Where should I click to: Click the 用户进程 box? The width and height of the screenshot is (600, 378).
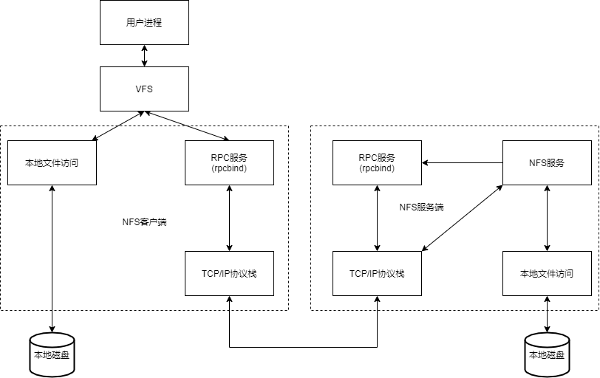(144, 23)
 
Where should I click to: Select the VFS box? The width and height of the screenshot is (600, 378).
(144, 89)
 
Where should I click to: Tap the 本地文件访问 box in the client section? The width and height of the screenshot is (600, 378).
(52, 162)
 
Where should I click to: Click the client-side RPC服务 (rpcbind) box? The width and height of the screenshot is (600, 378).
(229, 162)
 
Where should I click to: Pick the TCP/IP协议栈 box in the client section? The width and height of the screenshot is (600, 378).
(229, 273)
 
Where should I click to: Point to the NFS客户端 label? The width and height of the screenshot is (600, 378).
(144, 221)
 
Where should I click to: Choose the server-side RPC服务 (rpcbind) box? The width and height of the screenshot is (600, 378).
(377, 162)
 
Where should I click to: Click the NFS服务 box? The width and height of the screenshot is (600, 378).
(547, 162)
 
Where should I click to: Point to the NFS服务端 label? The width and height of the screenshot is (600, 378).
(421, 207)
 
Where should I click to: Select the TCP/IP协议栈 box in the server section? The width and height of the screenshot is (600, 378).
(377, 273)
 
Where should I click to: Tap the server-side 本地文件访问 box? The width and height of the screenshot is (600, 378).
(547, 273)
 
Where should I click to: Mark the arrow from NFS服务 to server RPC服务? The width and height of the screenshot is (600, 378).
(462, 162)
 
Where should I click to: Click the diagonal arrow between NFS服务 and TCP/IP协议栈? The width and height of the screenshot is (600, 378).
(462, 218)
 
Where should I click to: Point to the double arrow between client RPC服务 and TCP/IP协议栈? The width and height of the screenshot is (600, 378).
(229, 218)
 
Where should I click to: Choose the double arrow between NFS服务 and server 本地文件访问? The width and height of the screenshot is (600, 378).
(547, 218)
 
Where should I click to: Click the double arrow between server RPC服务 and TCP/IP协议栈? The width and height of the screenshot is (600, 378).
(377, 218)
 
